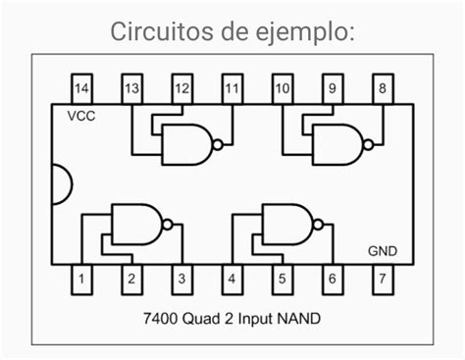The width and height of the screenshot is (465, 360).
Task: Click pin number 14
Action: click(x=81, y=89)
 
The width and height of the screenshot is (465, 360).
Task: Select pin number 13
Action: click(x=131, y=89)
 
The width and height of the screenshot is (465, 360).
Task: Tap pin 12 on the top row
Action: click(x=181, y=89)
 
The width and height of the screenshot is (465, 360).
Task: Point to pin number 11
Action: click(x=232, y=89)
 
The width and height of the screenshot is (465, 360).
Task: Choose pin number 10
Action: click(x=282, y=89)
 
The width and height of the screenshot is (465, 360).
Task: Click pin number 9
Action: click(x=332, y=89)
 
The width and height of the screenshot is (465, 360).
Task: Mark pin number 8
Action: click(x=382, y=89)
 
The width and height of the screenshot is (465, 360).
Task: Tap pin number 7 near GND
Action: click(x=382, y=281)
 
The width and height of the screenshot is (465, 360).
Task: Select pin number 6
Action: click(x=332, y=281)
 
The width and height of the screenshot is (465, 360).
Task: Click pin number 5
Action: click(x=282, y=281)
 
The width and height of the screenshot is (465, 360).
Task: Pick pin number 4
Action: click(x=232, y=281)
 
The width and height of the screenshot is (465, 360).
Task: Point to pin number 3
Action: click(x=181, y=281)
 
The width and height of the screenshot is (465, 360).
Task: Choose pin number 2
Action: click(x=131, y=281)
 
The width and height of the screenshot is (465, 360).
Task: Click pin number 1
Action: click(x=81, y=281)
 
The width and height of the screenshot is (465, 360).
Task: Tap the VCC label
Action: click(x=81, y=117)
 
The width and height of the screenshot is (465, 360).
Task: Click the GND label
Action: click(x=382, y=251)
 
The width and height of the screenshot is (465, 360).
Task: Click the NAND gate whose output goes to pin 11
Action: click(x=188, y=144)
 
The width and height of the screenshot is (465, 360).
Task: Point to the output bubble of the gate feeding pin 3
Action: click(x=168, y=225)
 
